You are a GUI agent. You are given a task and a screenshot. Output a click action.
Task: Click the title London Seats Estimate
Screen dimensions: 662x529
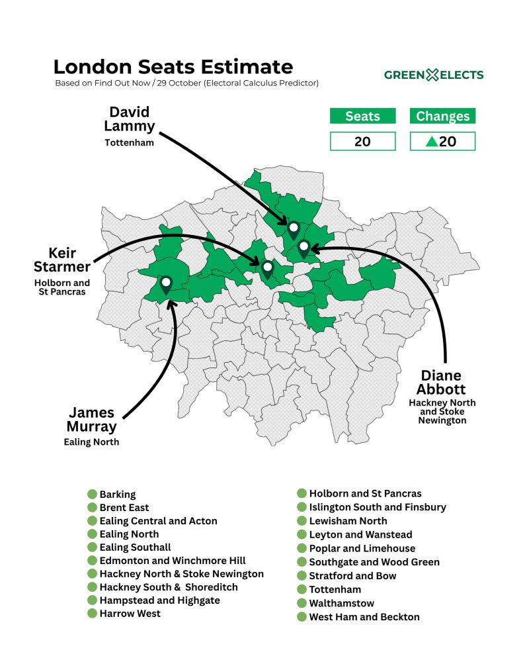click(x=173, y=67)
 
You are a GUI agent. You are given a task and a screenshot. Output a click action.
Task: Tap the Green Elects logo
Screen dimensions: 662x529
click(x=434, y=75)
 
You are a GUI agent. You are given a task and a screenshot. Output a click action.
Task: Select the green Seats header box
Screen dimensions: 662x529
click(x=362, y=117)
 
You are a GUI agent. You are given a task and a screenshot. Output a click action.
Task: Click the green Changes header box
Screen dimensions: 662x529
click(x=442, y=117)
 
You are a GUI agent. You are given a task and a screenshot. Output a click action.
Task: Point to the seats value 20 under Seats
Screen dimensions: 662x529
click(x=362, y=141)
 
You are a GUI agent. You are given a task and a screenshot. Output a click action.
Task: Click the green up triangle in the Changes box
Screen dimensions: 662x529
click(x=431, y=141)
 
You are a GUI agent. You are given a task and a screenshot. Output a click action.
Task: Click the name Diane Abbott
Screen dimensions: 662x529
click(x=441, y=383)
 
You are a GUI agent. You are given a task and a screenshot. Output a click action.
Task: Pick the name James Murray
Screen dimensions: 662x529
click(x=91, y=419)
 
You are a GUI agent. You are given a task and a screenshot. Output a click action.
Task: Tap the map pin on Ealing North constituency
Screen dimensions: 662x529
click(x=166, y=284)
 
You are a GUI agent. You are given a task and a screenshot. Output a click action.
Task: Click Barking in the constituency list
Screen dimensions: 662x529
click(x=118, y=494)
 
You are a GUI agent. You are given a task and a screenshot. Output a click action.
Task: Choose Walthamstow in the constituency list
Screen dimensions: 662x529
click(x=341, y=603)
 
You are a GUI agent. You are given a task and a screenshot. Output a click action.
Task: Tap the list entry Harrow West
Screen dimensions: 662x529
click(x=130, y=613)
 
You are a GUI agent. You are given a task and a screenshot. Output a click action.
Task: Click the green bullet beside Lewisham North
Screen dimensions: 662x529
click(x=302, y=521)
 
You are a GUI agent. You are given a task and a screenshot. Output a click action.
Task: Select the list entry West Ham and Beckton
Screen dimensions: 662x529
click(x=364, y=616)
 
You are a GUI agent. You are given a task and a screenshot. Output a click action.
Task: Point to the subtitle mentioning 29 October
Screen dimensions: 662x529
click(x=187, y=83)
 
